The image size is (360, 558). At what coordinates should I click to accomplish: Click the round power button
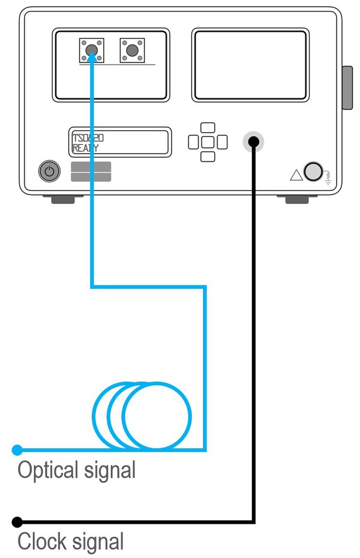(49, 171)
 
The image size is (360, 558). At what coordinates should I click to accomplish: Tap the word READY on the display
(86, 148)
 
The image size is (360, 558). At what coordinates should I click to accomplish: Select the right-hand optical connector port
(133, 50)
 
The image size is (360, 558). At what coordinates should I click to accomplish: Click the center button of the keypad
(208, 142)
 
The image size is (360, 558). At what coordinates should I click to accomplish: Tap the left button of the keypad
(194, 142)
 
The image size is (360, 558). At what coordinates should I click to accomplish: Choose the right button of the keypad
(222, 142)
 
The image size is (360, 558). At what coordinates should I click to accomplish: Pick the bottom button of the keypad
(208, 157)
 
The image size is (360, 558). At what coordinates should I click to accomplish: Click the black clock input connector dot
(253, 142)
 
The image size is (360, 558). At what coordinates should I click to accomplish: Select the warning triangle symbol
(296, 175)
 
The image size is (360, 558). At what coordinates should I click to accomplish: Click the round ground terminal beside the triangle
(313, 172)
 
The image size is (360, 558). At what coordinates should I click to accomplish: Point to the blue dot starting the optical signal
(17, 450)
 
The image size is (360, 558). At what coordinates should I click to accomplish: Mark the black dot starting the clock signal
(17, 522)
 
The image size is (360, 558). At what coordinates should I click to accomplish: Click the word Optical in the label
(48, 470)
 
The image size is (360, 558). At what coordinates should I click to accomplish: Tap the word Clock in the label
(42, 541)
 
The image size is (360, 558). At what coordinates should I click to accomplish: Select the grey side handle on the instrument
(347, 88)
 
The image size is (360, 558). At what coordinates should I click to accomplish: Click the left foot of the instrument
(63, 199)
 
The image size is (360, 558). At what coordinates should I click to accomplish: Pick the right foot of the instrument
(297, 199)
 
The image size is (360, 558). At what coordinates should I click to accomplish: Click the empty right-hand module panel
(250, 65)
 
